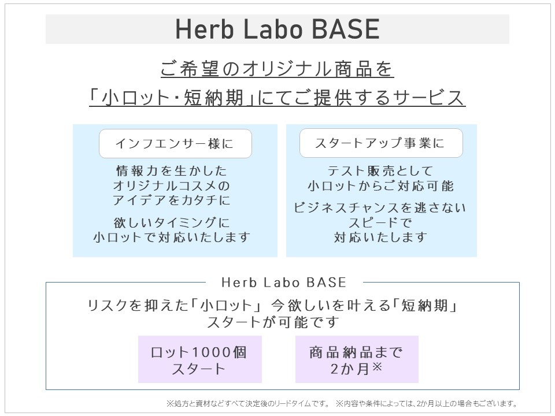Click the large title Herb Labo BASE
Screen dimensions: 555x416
[277, 29]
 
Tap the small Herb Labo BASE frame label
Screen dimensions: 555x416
[283, 283]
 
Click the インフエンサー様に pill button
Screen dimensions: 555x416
[175, 143]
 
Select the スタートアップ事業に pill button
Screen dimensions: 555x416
[381, 143]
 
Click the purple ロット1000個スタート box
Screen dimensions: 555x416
[199, 359]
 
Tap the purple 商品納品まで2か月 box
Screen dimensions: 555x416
[357, 359]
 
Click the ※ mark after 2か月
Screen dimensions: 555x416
[378, 366]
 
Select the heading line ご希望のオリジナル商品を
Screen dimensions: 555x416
[277, 69]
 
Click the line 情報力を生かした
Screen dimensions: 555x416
[171, 171]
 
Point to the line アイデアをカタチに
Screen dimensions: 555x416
[171, 200]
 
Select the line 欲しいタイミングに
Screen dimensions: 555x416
[172, 222]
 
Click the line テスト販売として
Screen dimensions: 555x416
[380, 171]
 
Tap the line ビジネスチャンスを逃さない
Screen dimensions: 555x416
[380, 207]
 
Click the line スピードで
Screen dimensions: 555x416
[380, 222]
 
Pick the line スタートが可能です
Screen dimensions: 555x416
[272, 322]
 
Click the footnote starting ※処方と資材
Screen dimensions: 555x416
[248, 403]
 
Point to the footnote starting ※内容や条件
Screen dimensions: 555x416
[427, 403]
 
